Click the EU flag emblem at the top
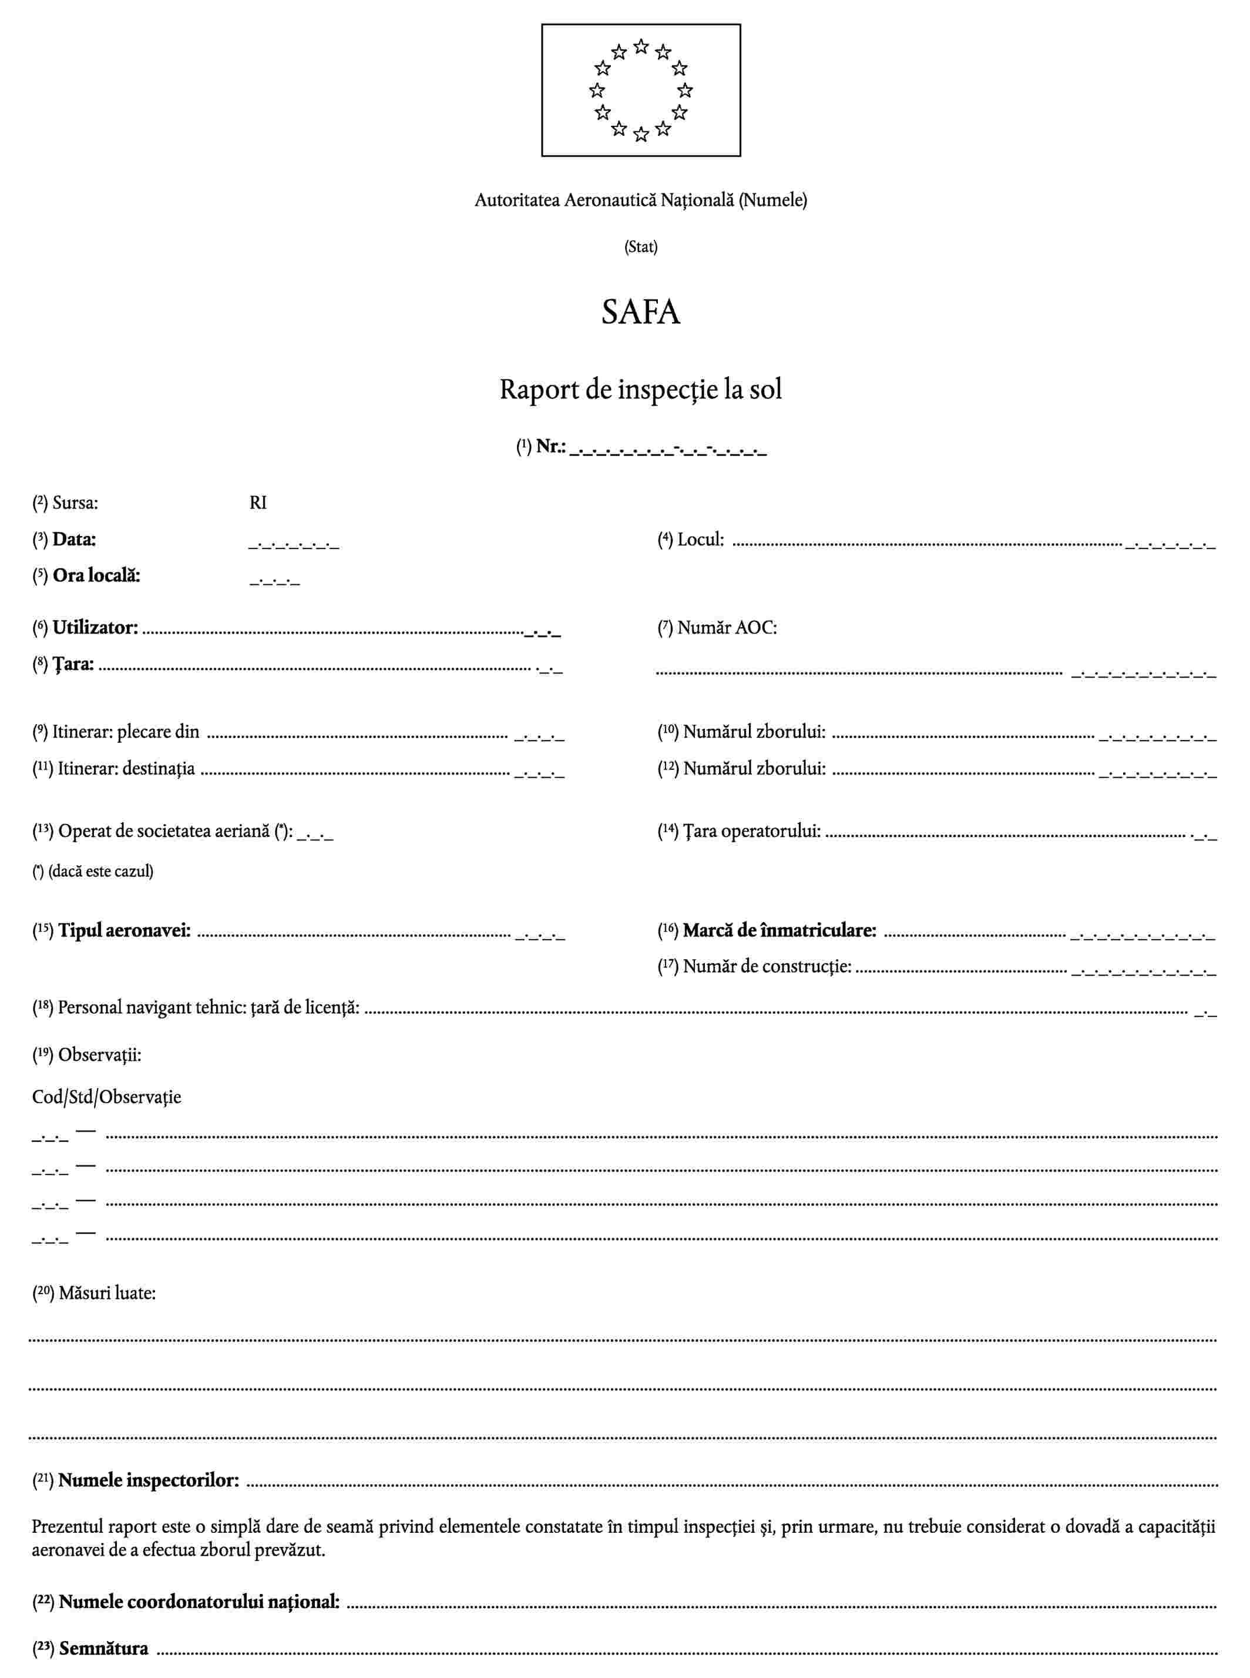(640, 90)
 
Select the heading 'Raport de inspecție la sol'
(640, 389)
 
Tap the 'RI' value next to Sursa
(258, 503)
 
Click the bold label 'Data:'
(73, 540)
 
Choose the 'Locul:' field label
(700, 540)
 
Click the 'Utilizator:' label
(95, 628)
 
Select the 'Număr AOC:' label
(727, 628)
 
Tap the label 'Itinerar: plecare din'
(126, 732)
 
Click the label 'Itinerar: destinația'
(126, 769)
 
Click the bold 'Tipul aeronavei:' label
(124, 930)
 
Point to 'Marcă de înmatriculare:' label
(779, 930)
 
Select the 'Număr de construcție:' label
(767, 966)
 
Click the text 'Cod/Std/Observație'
(107, 1097)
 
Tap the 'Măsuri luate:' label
(107, 1294)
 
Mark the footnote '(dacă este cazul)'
(100, 871)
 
